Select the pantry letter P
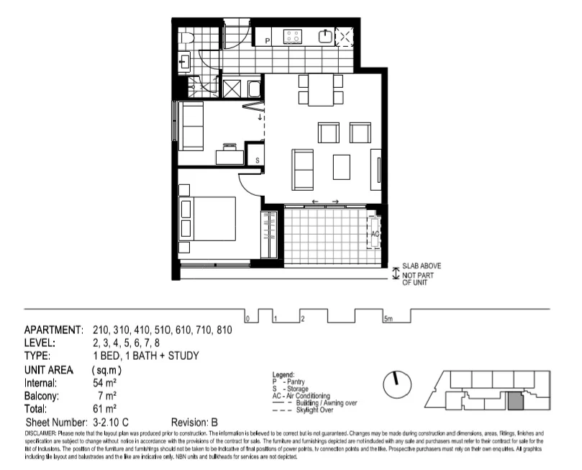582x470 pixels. click(268, 41)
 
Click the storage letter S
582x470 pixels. click(257, 161)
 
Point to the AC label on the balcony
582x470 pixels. click(375, 234)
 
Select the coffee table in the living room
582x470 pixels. click(342, 166)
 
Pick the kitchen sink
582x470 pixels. click(327, 35)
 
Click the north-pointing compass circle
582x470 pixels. click(395, 385)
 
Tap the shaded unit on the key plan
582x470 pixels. click(515, 401)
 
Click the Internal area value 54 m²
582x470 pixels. click(105, 384)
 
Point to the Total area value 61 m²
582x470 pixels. click(105, 408)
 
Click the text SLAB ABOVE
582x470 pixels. click(422, 267)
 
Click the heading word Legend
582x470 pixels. click(284, 375)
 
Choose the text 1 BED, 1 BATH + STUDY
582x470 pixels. click(145, 356)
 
